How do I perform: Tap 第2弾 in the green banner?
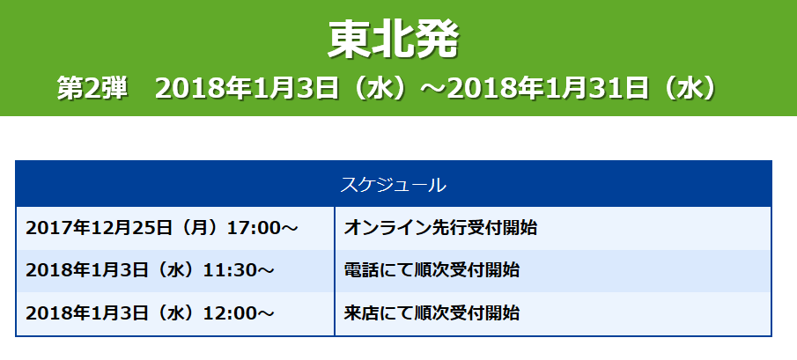92,89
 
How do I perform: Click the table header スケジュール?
393,185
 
